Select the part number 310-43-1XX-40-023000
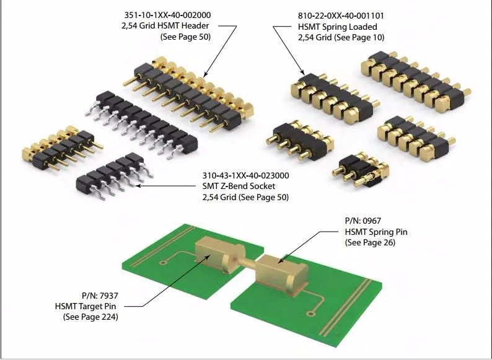246,175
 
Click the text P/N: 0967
365,221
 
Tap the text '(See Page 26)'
370,242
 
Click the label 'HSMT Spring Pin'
376,232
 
